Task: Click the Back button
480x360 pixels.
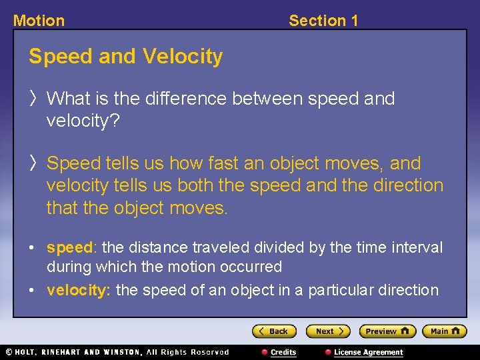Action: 273,331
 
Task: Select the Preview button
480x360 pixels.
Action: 387,331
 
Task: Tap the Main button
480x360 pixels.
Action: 443,331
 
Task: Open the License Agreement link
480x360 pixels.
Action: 368,352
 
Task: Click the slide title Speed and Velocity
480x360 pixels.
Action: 125,57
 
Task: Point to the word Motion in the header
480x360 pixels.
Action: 39,21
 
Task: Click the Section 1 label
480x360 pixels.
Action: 323,21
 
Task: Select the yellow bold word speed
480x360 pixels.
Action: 69,248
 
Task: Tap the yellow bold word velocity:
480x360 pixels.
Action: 79,290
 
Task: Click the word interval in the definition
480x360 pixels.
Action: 418,248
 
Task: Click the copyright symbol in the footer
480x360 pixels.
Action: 9,352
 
